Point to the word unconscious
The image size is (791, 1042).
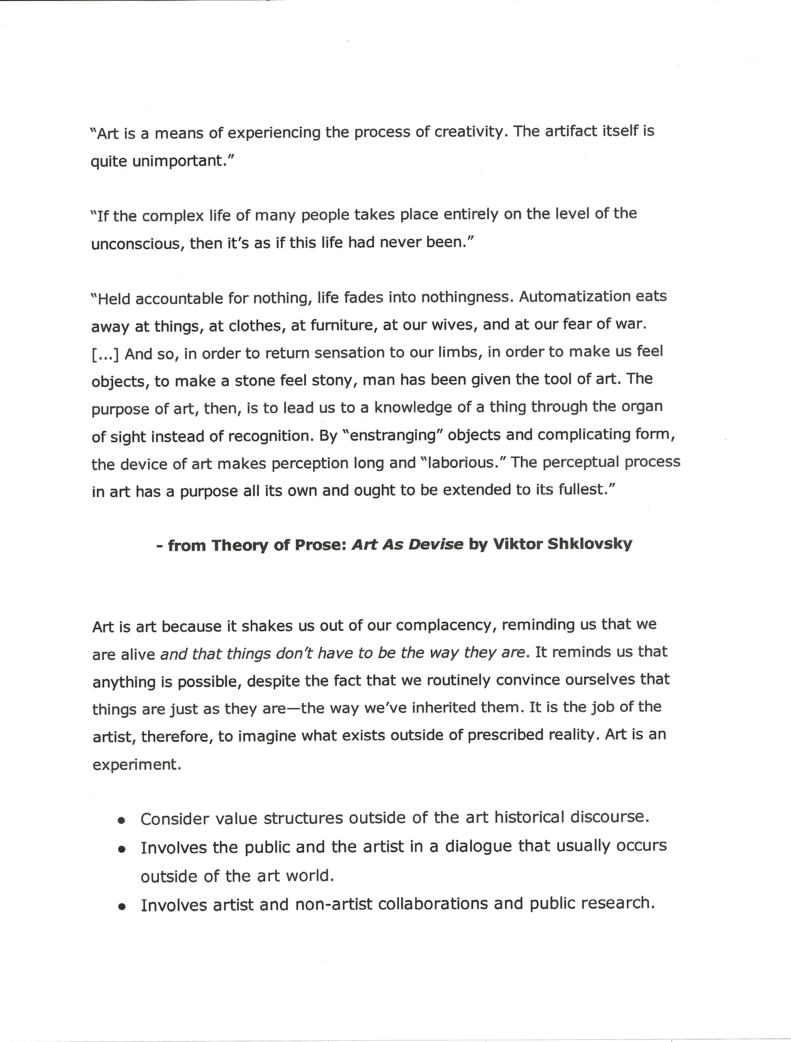137,243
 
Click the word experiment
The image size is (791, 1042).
137,764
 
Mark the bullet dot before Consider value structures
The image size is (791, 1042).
122,820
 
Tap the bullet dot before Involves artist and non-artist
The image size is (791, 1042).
122,906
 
